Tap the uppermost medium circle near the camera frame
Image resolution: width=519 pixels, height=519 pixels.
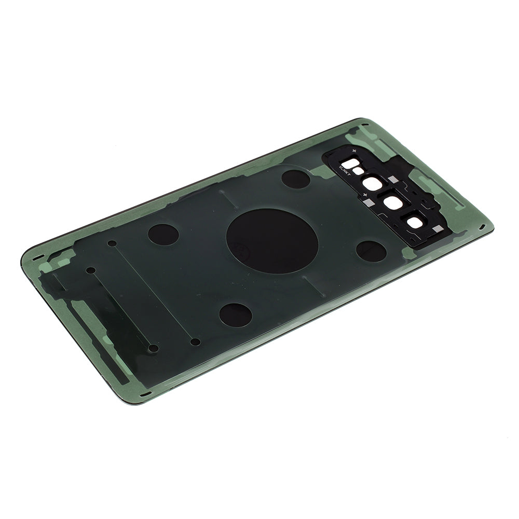[296, 179]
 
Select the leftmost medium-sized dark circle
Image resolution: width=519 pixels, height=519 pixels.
[163, 234]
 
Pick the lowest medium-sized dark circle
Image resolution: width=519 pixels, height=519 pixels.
[235, 315]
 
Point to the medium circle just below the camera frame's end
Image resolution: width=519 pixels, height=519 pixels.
[371, 251]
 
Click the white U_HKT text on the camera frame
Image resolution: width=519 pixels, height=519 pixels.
[345, 171]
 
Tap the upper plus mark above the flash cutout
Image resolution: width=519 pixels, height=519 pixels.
[354, 151]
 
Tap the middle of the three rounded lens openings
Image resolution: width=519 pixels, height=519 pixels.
[393, 202]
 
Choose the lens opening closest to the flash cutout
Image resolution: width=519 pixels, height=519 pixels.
[372, 184]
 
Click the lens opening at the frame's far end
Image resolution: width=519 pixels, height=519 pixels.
[415, 223]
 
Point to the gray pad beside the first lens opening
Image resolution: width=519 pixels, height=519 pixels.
[393, 180]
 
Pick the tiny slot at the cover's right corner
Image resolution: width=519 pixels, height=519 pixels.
[482, 227]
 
